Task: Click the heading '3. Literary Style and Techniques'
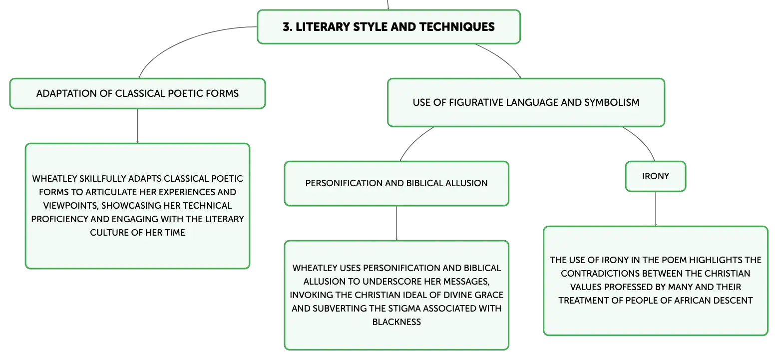[389, 27]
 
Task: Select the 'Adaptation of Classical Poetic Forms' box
[137, 93]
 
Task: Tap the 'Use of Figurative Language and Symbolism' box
[526, 102]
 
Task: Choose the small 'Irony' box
[655, 176]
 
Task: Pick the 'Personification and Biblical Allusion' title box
[396, 183]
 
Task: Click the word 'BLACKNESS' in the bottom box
[396, 322]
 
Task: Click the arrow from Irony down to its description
[655, 209]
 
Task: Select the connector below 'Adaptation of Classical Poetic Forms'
[137, 126]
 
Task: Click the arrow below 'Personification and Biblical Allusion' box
[396, 223]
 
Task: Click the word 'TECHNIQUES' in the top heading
[457, 27]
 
